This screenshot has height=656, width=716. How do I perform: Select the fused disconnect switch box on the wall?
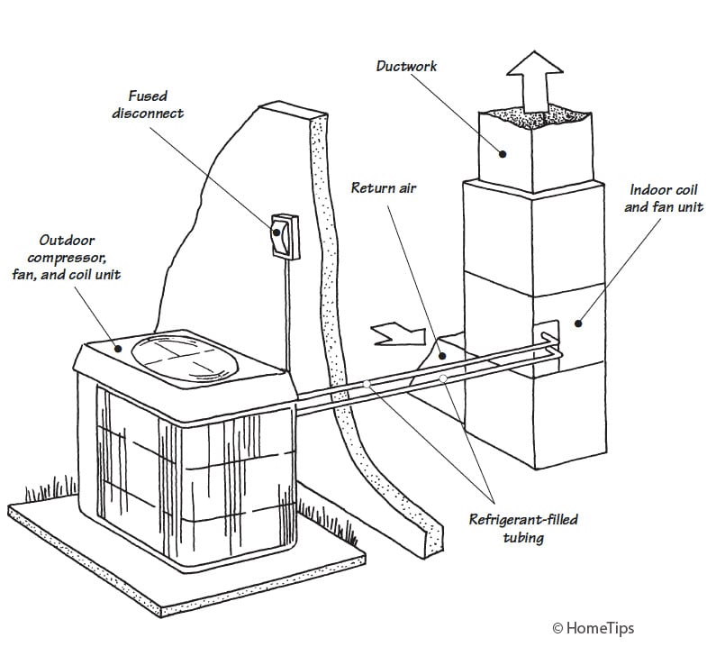(280, 235)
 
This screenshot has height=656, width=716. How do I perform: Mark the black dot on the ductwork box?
(503, 153)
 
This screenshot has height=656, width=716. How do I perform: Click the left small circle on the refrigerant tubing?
(367, 385)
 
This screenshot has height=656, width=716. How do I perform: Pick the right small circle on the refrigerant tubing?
(443, 378)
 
